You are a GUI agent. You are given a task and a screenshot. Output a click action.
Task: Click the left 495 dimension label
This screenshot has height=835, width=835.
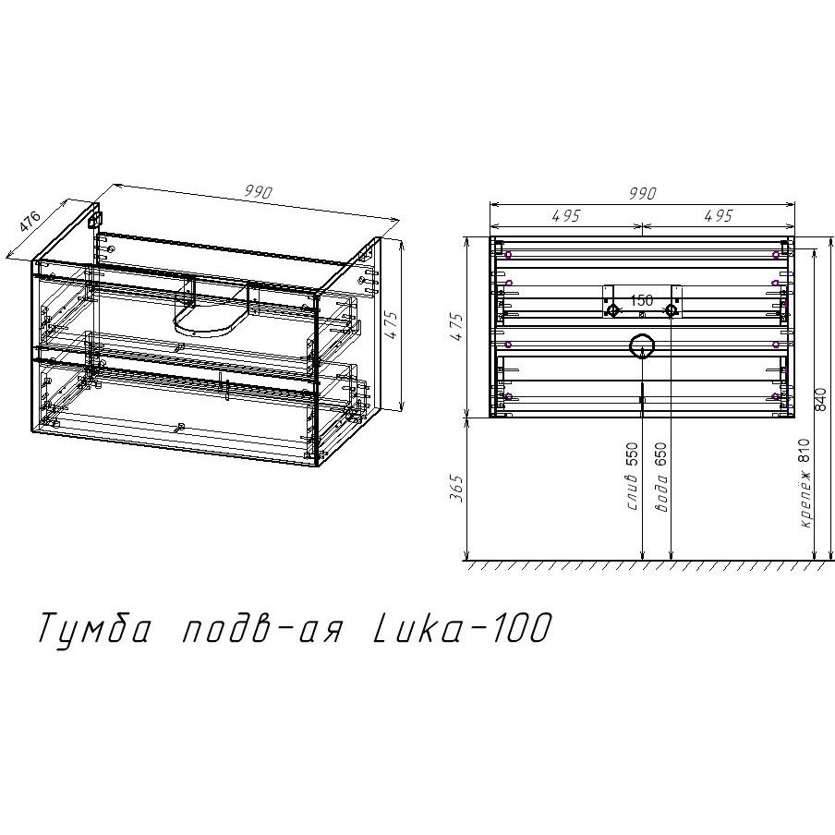tap(565, 216)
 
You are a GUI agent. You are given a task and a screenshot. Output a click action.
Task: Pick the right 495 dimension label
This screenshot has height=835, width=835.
tap(718, 216)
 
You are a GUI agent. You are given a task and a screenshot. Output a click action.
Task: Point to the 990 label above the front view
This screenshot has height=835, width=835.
tap(641, 194)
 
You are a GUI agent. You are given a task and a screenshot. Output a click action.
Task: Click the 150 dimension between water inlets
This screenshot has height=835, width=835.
tap(642, 300)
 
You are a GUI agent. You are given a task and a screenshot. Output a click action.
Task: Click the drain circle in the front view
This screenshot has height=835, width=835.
tap(641, 346)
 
